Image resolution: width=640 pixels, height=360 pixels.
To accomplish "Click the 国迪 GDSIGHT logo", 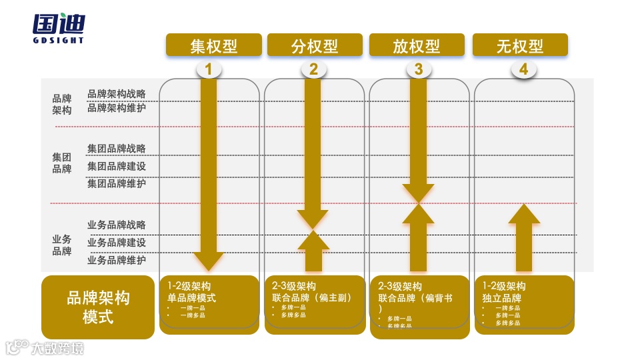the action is tap(59, 28).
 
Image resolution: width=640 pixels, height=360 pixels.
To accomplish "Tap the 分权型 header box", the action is tap(315, 45).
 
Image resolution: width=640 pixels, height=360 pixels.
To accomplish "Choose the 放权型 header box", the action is tap(417, 45).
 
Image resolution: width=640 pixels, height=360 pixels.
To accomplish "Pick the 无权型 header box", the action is tap(520, 45).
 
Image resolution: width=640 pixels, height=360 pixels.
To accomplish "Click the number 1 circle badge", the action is tap(209, 69).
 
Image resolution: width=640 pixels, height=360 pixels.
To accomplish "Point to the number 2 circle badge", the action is tap(313, 69).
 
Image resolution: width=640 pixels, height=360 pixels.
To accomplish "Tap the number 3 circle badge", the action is tap(418, 69).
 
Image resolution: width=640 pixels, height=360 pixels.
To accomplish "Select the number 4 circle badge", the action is tap(523, 69).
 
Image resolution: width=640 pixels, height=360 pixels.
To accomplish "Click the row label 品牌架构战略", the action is tap(117, 94).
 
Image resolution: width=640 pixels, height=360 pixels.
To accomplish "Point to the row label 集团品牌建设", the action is tap(117, 166).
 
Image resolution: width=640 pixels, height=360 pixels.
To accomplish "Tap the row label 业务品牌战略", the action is tap(117, 225).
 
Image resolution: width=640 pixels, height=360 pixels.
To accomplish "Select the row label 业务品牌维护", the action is tap(117, 260).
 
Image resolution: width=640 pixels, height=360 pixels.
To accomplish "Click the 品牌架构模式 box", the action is tap(98, 307).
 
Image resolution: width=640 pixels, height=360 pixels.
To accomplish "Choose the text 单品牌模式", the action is tap(192, 298).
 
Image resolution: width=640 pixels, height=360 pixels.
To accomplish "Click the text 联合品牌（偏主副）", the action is tap(312, 298).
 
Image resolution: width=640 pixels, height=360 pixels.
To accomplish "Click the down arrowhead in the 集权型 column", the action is tap(209, 260).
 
